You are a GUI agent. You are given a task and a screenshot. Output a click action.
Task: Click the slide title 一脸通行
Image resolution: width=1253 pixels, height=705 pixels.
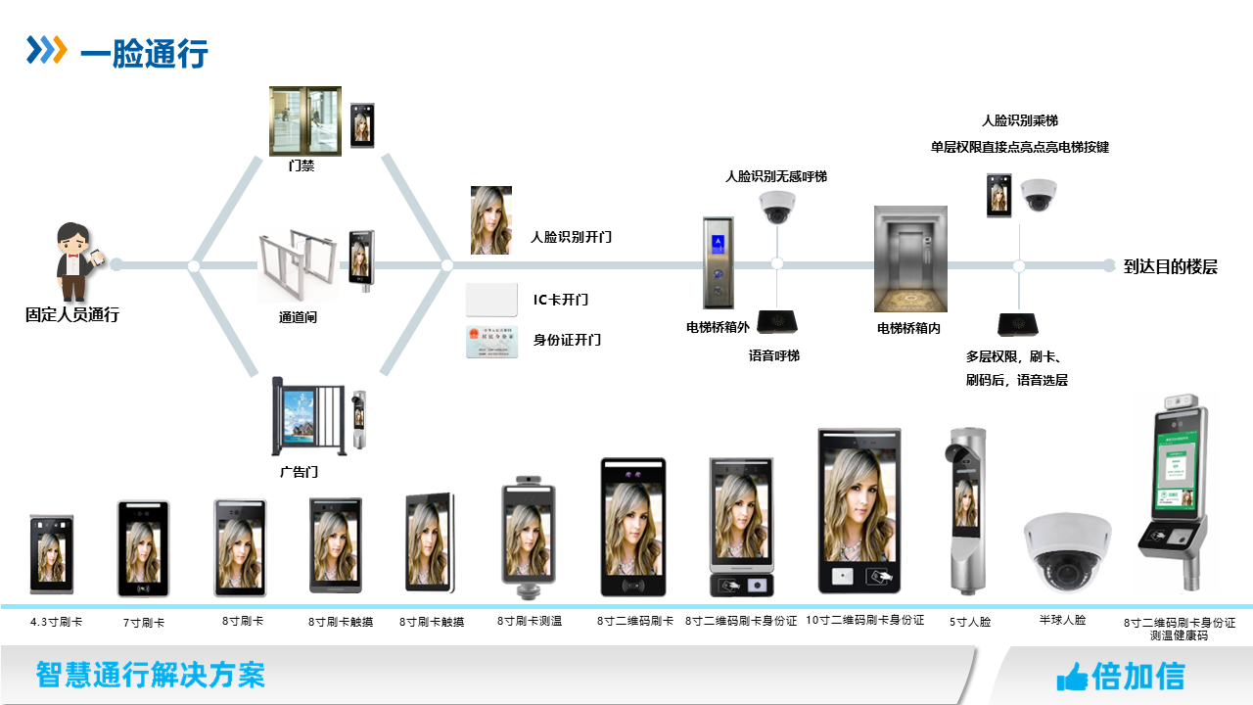coord(144,53)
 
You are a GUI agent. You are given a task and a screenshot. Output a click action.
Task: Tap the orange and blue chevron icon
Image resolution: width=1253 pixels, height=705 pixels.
coord(46,50)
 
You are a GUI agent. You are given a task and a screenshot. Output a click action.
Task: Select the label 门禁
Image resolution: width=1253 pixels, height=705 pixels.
coord(302,166)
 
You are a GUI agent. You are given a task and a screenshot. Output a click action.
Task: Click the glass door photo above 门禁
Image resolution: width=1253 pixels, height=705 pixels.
coord(305,120)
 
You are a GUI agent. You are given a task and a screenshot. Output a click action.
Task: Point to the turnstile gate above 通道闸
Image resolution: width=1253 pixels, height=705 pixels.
coord(298,265)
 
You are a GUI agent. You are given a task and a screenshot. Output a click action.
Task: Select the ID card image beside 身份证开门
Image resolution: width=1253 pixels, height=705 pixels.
coord(491,341)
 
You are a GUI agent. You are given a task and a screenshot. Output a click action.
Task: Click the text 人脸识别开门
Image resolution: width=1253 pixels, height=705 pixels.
coord(571,237)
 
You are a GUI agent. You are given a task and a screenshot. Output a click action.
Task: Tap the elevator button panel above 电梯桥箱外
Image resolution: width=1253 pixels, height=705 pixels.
coord(718,262)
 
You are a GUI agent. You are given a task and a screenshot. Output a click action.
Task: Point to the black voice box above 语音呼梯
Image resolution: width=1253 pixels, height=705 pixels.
coord(778,320)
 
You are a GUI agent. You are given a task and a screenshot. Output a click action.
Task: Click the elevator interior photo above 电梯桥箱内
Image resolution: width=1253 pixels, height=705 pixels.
coord(910,258)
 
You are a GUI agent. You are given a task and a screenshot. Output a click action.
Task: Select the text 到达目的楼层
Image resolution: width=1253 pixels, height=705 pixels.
coord(1170,266)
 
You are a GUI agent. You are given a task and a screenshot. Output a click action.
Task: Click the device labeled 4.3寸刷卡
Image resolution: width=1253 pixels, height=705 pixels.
coord(51,553)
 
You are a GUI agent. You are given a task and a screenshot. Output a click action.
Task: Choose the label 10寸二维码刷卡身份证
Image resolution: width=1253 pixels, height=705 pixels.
coord(865,620)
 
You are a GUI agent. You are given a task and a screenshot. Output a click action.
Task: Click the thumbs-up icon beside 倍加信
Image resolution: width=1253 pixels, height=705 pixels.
coord(1073,676)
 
